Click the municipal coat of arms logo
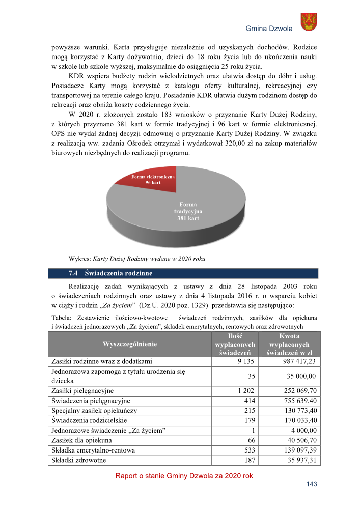tap(309, 22)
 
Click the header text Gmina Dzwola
tap(269, 29)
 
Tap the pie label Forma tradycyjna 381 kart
tap(188, 211)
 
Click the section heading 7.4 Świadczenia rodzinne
tap(110, 274)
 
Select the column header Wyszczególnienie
tap(130, 344)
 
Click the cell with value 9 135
tap(245, 362)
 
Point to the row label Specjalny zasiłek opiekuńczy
tap(94, 410)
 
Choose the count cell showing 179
tap(248, 420)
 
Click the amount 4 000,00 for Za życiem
tap(303, 430)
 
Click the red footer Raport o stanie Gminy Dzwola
tap(184, 476)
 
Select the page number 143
tap(312, 485)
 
